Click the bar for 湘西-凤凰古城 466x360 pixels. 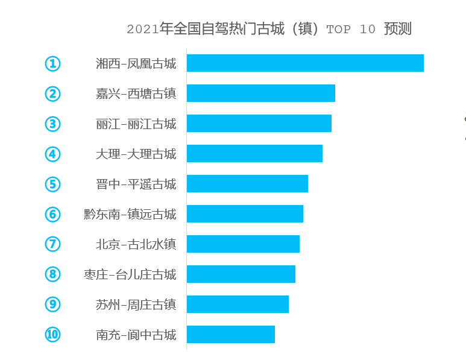[x=305, y=63]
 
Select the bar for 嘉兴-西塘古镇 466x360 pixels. [x=260, y=93]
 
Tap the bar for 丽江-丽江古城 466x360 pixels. [x=259, y=124]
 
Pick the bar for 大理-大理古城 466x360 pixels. [x=254, y=154]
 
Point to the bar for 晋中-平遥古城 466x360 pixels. [x=247, y=184]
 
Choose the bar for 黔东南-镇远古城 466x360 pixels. [x=245, y=214]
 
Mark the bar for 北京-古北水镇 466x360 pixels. [x=243, y=244]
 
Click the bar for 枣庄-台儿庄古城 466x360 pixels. [x=241, y=274]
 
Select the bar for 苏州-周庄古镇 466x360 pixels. [x=238, y=305]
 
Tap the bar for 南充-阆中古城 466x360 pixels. [x=230, y=335]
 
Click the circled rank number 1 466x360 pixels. [x=53, y=63]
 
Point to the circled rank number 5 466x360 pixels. [x=53, y=184]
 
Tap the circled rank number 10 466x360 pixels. [x=53, y=335]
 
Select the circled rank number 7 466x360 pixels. [x=53, y=244]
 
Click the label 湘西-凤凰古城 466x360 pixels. [x=136, y=64]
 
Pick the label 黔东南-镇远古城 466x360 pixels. [x=130, y=215]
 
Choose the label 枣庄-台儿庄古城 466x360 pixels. [x=130, y=275]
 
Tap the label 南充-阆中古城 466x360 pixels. [x=136, y=335]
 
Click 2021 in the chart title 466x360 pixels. [x=142, y=30]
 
